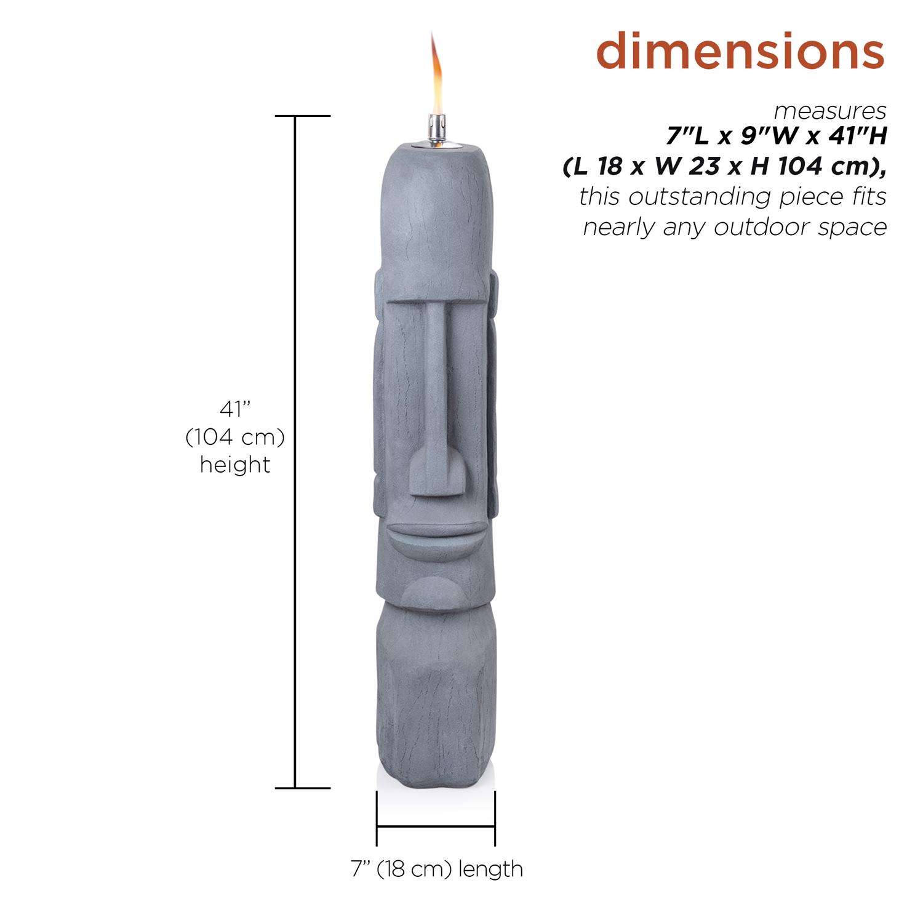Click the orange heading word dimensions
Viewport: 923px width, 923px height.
(x=740, y=52)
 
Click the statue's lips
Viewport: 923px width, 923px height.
(x=434, y=533)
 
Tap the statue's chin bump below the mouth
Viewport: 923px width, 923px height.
(x=434, y=593)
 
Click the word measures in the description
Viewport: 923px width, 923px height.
(x=830, y=112)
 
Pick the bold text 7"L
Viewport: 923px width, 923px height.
(x=690, y=137)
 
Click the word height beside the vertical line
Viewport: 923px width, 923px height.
(x=235, y=465)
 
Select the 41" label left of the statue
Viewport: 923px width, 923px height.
(x=235, y=409)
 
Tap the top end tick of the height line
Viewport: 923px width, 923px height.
(x=296, y=116)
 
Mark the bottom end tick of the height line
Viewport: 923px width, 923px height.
(x=296, y=788)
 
